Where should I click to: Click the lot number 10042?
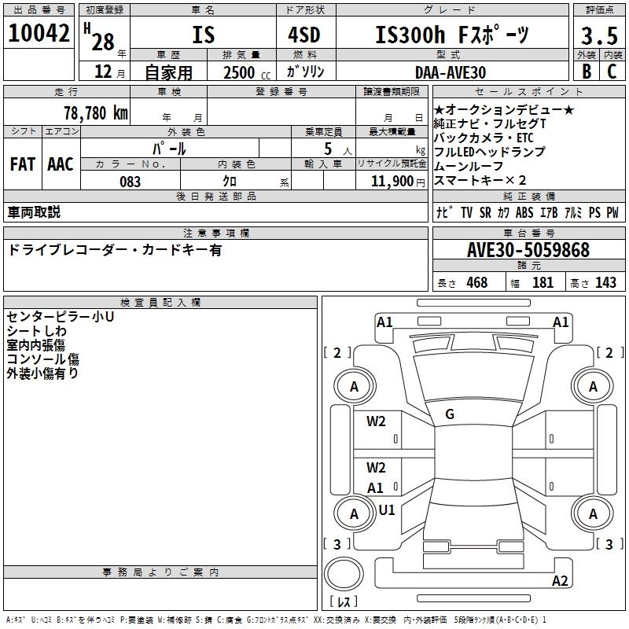(x=40, y=34)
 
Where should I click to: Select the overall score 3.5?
(x=598, y=36)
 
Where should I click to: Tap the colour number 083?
(x=130, y=182)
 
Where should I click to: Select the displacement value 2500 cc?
(x=245, y=72)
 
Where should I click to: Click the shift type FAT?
(x=23, y=164)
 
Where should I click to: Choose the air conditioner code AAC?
(x=61, y=164)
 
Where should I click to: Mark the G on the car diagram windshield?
(x=450, y=414)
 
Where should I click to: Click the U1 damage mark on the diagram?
(x=387, y=509)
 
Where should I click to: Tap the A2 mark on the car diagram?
(x=560, y=581)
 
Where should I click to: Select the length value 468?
(x=476, y=282)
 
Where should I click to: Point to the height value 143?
(x=605, y=282)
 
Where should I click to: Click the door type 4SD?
(x=299, y=35)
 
